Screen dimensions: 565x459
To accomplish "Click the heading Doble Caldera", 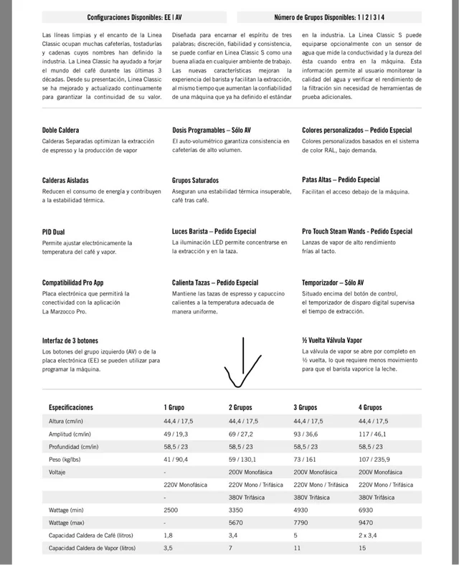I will pyautogui.click(x=60, y=130).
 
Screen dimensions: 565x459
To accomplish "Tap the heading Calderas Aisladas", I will pyautogui.click(x=65, y=180).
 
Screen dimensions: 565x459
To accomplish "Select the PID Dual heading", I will pyautogui.click(x=54, y=232).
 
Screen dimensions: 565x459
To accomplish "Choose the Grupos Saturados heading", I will pyautogui.click(x=195, y=180).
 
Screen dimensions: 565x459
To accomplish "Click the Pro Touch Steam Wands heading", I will pyautogui.click(x=357, y=232).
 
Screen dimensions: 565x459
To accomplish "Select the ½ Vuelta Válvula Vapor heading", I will pyautogui.click(x=332, y=340).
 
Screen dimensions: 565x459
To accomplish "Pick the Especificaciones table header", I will pyautogui.click(x=71, y=407).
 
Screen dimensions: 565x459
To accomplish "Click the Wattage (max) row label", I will pyautogui.click(x=70, y=523).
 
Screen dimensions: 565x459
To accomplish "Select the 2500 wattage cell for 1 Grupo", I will pyautogui.click(x=172, y=510).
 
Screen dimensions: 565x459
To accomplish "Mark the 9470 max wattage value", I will pyautogui.click(x=366, y=523).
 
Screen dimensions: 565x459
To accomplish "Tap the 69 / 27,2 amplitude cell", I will pyautogui.click(x=241, y=434).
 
